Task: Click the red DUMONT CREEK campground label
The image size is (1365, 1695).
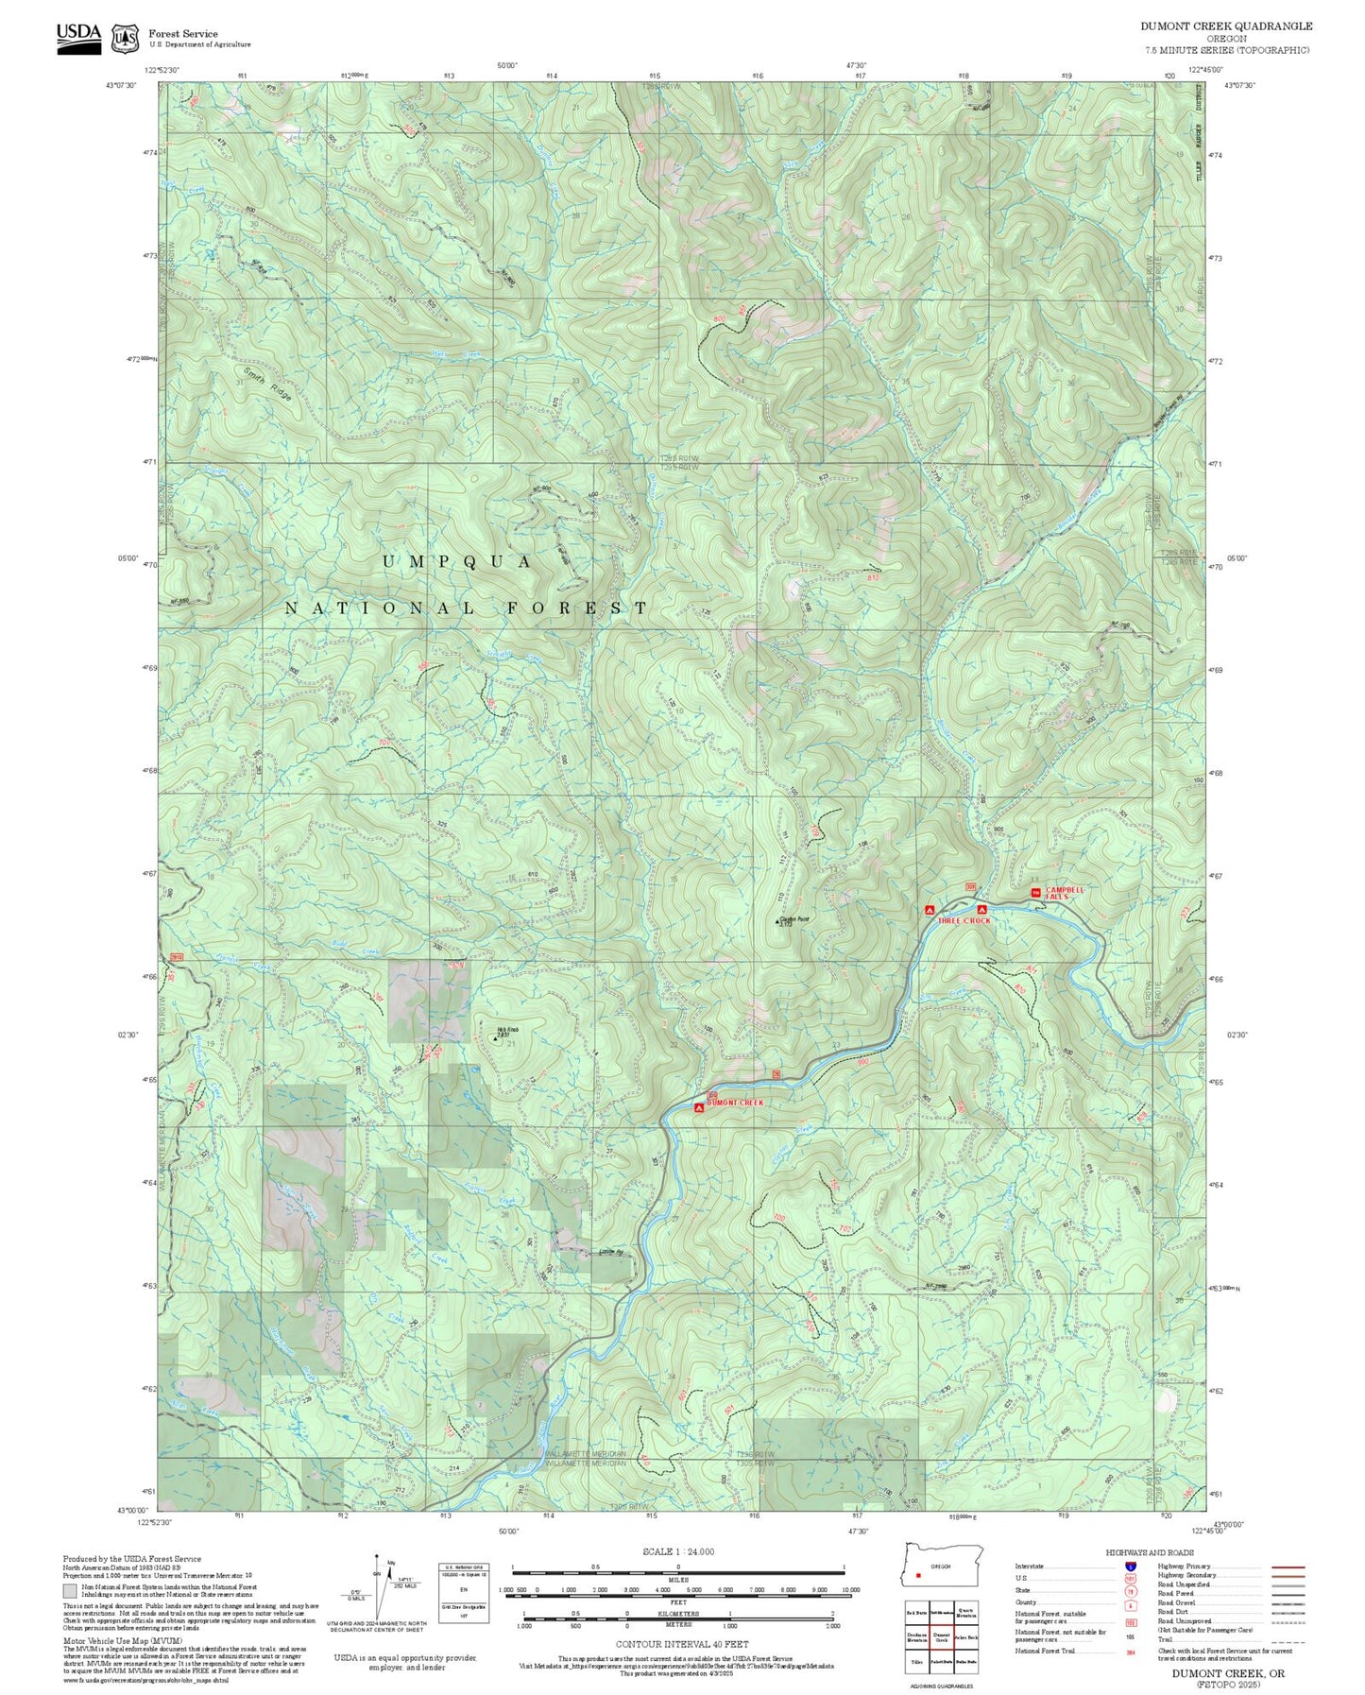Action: (x=734, y=1103)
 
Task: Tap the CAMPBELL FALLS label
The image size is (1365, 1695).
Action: (x=1065, y=893)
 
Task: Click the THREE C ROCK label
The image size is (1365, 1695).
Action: (x=964, y=920)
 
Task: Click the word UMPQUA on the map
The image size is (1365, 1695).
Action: (x=457, y=561)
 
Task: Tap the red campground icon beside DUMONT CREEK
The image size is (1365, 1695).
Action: (x=699, y=1107)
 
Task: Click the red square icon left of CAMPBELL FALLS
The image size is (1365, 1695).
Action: (x=1035, y=893)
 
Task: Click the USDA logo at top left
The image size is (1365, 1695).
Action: (x=78, y=37)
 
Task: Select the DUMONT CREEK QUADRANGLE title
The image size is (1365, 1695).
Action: (x=1225, y=26)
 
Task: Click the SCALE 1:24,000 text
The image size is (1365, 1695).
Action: (x=677, y=1551)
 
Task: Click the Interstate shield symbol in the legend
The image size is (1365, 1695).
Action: (x=1130, y=1567)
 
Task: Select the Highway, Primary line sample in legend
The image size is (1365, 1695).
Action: (x=1288, y=1567)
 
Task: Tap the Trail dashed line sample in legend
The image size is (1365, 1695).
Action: (x=1288, y=1642)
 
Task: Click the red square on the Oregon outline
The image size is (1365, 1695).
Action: (x=918, y=1575)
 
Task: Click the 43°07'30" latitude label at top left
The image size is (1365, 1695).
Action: (x=121, y=85)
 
